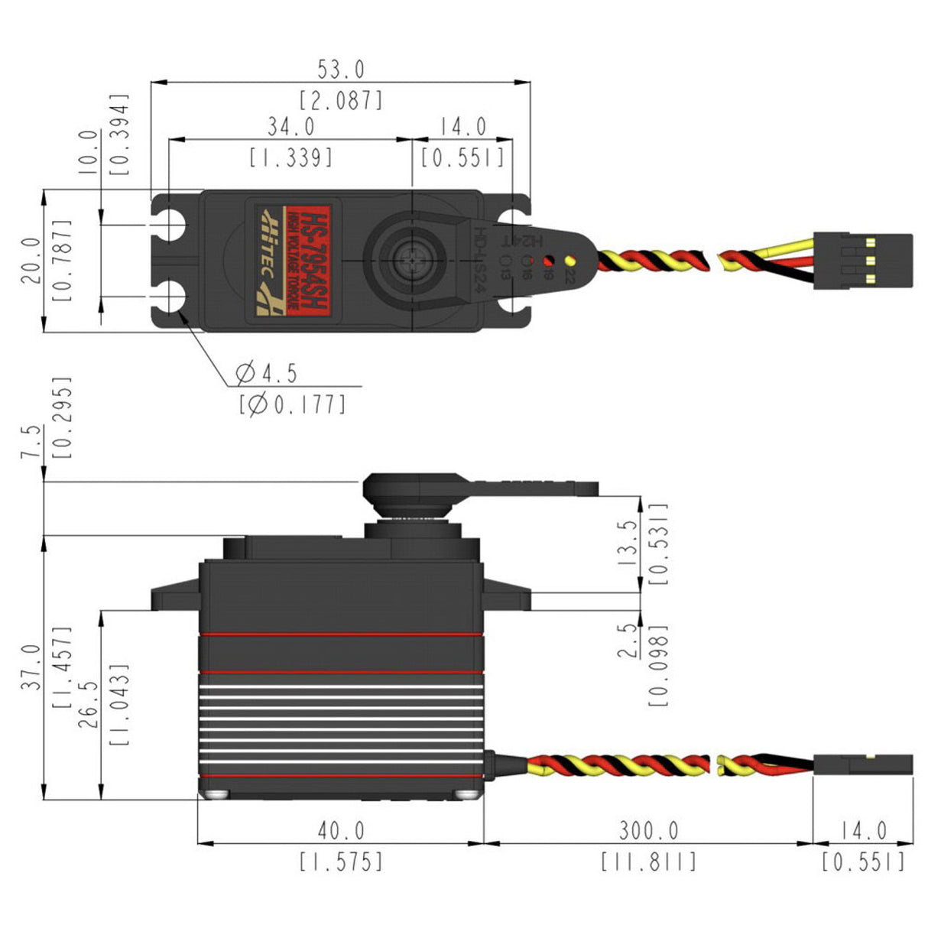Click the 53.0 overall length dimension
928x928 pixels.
click(x=341, y=70)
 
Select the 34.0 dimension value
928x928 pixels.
click(x=290, y=126)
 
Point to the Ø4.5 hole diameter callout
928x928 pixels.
click(x=267, y=374)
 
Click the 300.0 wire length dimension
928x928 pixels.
click(x=648, y=830)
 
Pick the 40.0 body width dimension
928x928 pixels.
click(x=341, y=830)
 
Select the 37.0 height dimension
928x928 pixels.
click(x=31, y=667)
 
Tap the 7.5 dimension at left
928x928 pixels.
click(x=31, y=442)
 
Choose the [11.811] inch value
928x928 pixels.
click(x=648, y=862)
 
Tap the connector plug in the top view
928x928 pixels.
click(x=862, y=261)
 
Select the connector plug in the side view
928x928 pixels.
click(x=862, y=764)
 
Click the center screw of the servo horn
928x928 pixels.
click(x=411, y=261)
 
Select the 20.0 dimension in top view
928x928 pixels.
click(x=31, y=260)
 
